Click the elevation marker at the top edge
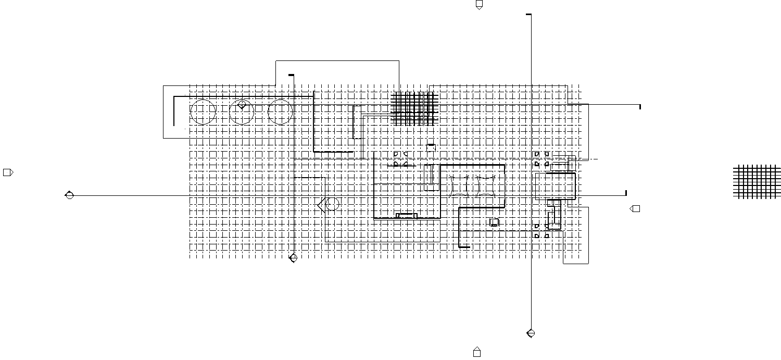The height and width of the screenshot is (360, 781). [x=479, y=5]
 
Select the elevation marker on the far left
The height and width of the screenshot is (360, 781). [x=8, y=172]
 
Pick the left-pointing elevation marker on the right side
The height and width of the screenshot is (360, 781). [x=635, y=209]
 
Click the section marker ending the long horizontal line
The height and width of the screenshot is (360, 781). [x=69, y=195]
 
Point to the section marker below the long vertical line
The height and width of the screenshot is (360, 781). [x=531, y=333]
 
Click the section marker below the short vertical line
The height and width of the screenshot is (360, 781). [x=293, y=257]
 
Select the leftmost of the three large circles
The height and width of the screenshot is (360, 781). [x=203, y=112]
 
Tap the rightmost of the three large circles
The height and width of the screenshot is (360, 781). [x=280, y=112]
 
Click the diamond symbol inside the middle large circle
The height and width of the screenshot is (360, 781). [x=242, y=105]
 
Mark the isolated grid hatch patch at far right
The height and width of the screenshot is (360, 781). [x=757, y=181]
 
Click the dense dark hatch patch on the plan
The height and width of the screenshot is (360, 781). [x=414, y=108]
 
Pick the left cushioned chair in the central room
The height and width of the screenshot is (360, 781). [x=459, y=186]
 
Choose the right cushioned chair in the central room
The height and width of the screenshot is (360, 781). [x=486, y=186]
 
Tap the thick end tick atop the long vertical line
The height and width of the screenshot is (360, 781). [x=529, y=15]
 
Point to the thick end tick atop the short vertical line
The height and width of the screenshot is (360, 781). [x=291, y=76]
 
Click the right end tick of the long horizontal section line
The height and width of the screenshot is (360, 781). [x=626, y=193]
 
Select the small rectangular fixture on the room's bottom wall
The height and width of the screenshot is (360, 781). [x=407, y=215]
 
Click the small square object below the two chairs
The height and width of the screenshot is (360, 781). [x=494, y=222]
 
